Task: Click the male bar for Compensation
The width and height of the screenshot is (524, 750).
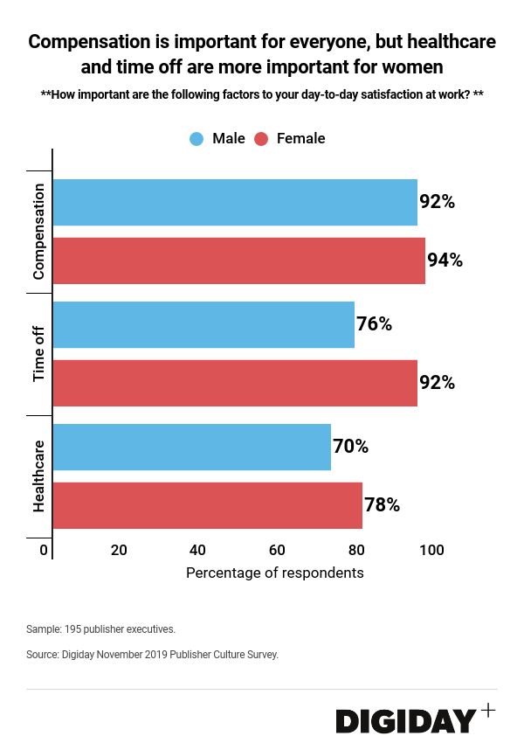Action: (235, 203)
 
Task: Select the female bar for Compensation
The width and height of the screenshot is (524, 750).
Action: (239, 260)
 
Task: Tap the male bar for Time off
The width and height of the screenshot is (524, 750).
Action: (203, 324)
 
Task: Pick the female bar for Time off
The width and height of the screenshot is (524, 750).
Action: (235, 383)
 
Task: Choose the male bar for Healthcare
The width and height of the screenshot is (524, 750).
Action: (192, 447)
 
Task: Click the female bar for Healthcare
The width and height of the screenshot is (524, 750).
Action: (208, 505)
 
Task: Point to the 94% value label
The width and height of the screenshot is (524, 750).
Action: (445, 260)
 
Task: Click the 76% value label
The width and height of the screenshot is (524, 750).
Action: (374, 324)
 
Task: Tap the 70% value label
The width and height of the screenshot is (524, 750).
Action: (350, 447)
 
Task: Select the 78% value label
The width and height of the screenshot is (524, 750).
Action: (382, 505)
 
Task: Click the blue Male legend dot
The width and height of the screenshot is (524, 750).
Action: (196, 139)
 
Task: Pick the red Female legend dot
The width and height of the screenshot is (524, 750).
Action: (260, 139)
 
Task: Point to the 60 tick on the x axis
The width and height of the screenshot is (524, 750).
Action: (277, 551)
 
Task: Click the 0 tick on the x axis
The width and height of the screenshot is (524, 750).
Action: (44, 551)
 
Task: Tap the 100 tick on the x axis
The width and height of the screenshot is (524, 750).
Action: (431, 551)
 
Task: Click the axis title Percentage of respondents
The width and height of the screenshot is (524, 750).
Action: (274, 573)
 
